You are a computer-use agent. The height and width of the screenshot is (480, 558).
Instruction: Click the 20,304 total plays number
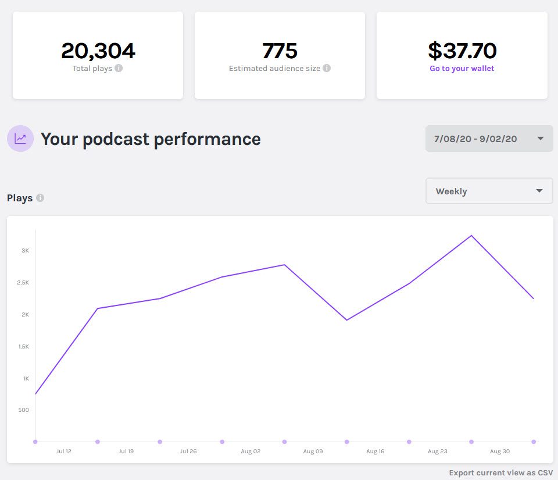pyautogui.click(x=98, y=51)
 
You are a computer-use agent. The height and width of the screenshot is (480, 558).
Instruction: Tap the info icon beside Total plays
pyautogui.click(x=119, y=68)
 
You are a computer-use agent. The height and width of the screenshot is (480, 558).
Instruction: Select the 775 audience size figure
pyautogui.click(x=280, y=51)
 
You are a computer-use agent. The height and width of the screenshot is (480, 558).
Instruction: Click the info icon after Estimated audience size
pyautogui.click(x=327, y=68)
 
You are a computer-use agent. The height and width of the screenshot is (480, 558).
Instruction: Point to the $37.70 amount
pyautogui.click(x=462, y=51)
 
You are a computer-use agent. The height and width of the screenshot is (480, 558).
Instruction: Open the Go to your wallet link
pyautogui.click(x=462, y=68)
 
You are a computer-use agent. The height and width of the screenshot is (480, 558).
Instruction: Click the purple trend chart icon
pyautogui.click(x=20, y=138)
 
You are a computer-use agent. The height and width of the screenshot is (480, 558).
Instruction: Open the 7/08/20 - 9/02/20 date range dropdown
pyautogui.click(x=489, y=138)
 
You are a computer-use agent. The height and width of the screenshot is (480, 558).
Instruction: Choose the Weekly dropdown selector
pyautogui.click(x=489, y=191)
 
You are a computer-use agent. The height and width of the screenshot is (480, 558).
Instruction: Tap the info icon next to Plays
pyautogui.click(x=40, y=198)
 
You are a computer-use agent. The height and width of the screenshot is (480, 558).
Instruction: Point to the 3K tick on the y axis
pyautogui.click(x=26, y=251)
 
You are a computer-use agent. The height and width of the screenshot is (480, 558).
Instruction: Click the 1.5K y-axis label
pyautogui.click(x=24, y=347)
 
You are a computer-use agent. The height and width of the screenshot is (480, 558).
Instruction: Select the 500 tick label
pyautogui.click(x=24, y=410)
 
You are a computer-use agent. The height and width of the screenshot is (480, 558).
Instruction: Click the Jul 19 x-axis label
pyautogui.click(x=126, y=451)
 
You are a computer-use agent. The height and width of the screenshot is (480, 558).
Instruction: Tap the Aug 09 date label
pyautogui.click(x=313, y=451)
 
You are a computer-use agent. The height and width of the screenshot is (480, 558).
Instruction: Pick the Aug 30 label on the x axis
pyautogui.click(x=500, y=451)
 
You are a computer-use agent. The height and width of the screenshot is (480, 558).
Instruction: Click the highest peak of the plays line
pyautogui.click(x=471, y=236)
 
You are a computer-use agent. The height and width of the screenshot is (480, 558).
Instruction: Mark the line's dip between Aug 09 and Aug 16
pyautogui.click(x=347, y=320)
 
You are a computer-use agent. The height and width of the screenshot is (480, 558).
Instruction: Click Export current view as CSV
pyautogui.click(x=501, y=472)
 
